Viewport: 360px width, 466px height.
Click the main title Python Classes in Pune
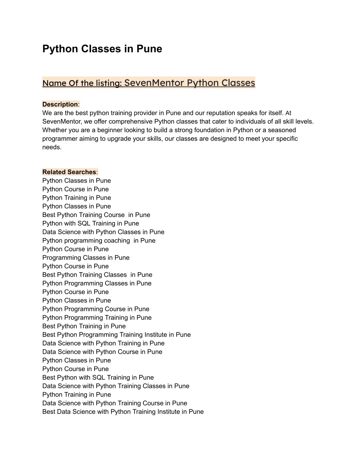point(102,49)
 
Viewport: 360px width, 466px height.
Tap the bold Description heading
point(60,104)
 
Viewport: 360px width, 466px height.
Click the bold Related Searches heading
point(69,172)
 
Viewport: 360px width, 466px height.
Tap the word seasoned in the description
point(282,130)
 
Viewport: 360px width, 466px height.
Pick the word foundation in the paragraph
point(206,130)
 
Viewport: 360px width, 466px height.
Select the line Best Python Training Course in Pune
point(96,215)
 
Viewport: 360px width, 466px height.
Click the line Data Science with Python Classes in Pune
point(103,232)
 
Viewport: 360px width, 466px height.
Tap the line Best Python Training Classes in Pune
point(97,275)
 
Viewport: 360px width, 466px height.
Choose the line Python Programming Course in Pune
point(96,309)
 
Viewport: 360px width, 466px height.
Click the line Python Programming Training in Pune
point(97,318)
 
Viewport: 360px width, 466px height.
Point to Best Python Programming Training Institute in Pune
point(116,335)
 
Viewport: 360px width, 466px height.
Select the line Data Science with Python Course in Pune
point(102,352)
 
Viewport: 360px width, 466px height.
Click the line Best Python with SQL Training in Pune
point(98,377)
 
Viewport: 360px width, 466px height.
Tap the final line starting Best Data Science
point(123,412)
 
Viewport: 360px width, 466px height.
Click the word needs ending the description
point(51,147)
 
